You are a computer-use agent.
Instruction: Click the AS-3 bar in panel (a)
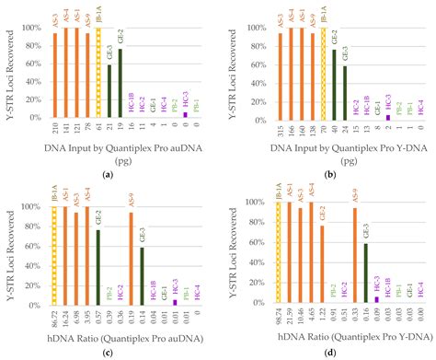point(55,76)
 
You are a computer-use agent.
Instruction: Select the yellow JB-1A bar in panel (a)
point(98,74)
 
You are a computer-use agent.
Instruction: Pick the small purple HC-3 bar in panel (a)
point(184,115)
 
